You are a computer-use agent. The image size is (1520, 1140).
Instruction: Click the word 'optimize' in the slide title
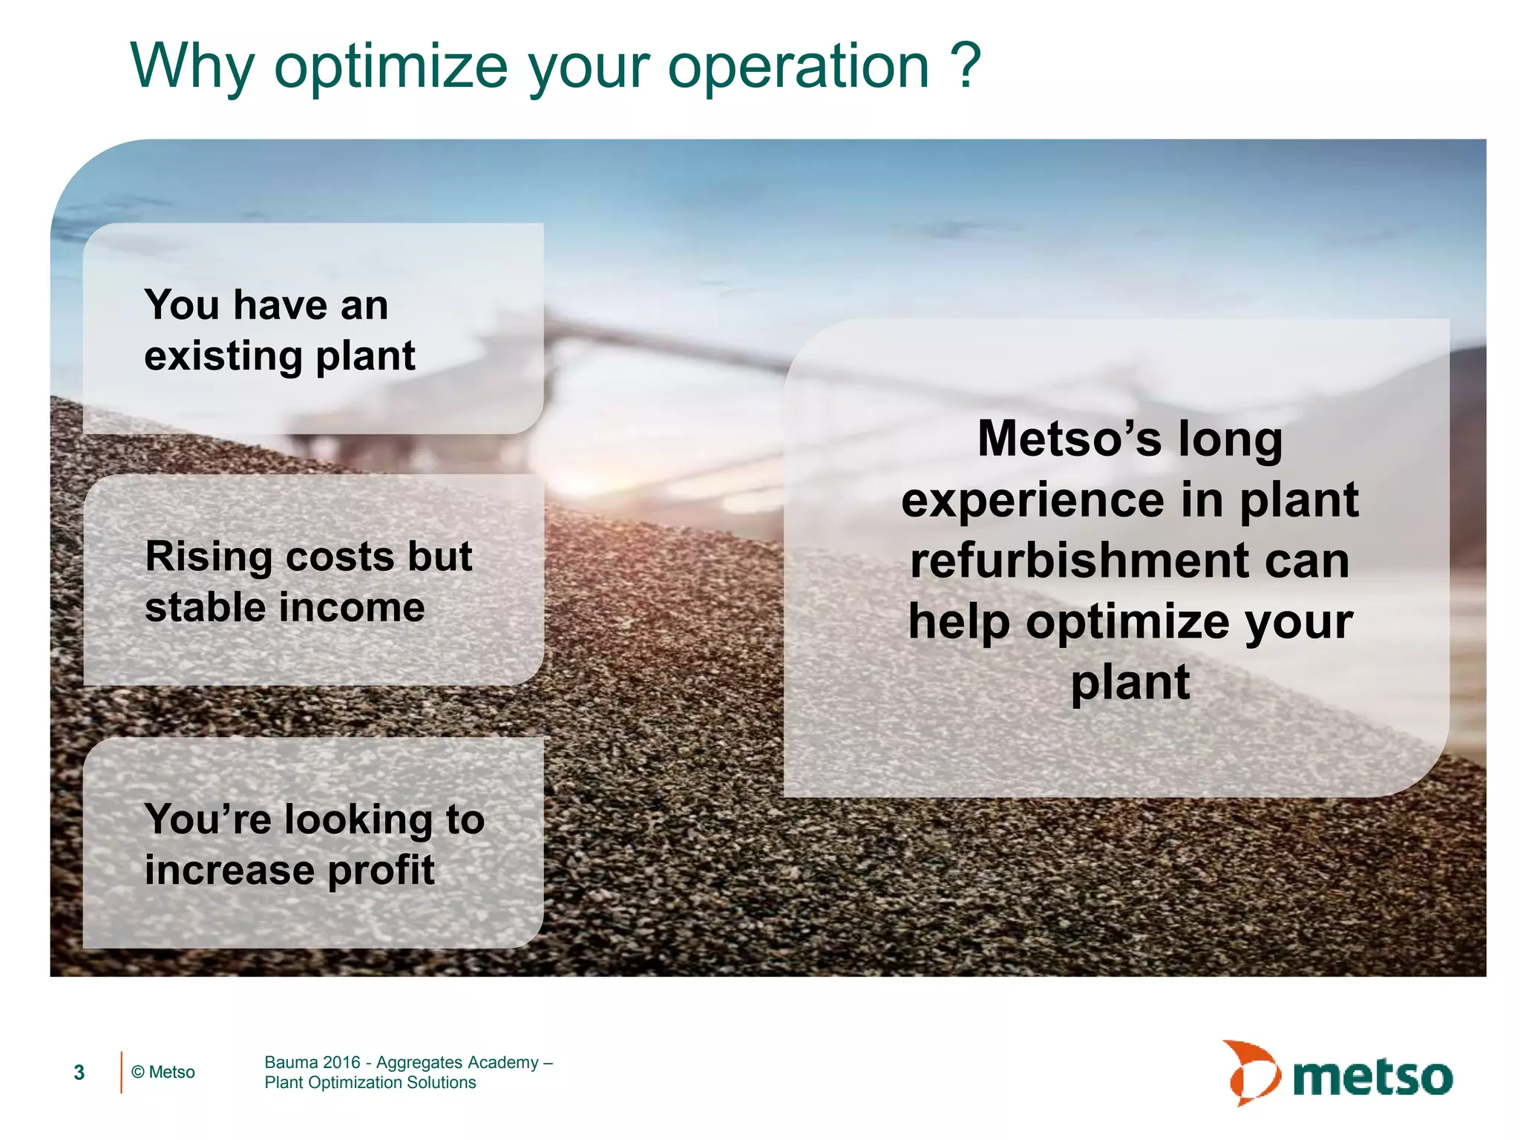[x=391, y=67]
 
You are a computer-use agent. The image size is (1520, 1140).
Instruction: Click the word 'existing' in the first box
[x=223, y=356]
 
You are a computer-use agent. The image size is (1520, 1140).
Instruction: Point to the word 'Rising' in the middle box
[x=209, y=557]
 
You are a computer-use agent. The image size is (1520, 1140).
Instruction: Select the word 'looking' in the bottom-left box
[x=358, y=820]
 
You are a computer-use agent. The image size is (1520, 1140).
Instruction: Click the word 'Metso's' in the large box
[x=1069, y=439]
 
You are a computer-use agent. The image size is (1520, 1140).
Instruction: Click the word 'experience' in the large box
[x=1033, y=500]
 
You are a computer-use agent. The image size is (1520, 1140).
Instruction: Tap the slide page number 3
[x=79, y=1072]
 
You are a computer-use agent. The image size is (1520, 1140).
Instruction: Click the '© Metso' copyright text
[x=163, y=1072]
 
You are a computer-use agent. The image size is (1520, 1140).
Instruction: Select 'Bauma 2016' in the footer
[x=312, y=1063]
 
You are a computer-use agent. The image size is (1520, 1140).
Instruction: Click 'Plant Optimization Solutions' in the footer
[x=370, y=1083]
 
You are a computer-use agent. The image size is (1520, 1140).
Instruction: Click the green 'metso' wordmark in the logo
[x=1372, y=1078]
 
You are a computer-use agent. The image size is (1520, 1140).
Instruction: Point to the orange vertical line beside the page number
[x=121, y=1072]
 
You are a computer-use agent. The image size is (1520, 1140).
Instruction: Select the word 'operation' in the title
[x=798, y=67]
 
